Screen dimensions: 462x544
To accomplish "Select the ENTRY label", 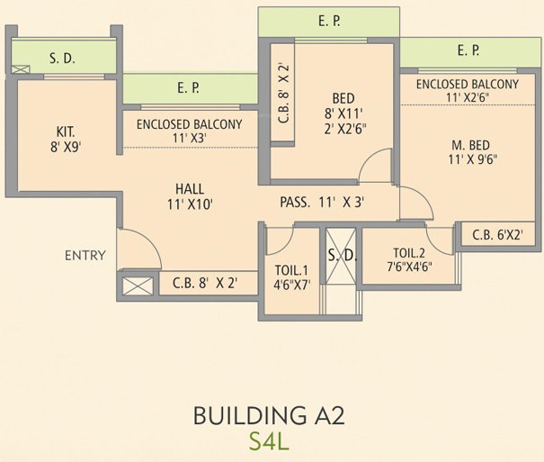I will (x=85, y=256).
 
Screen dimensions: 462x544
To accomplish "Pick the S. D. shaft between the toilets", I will (x=342, y=257).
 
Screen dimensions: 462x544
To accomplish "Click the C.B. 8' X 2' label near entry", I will (x=205, y=283).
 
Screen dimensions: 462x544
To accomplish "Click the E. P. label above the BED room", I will (x=329, y=20).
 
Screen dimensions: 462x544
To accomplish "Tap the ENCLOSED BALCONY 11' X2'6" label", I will (x=467, y=91).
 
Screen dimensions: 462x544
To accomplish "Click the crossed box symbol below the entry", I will (x=137, y=286).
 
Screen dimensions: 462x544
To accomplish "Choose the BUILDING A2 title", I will (x=269, y=416).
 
